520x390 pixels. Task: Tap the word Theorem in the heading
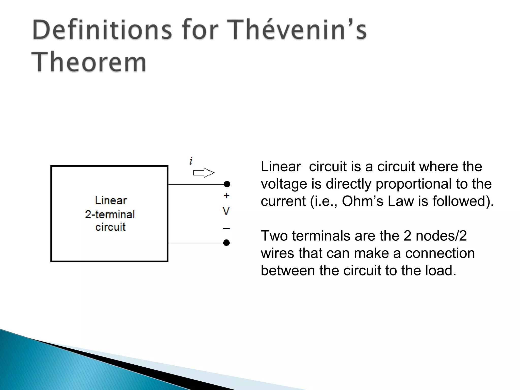tap(89, 62)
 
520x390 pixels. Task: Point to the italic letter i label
tap(191, 161)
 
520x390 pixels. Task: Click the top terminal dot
tap(227, 184)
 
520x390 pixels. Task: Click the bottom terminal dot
tap(226, 243)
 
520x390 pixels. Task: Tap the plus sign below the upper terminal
tap(226, 196)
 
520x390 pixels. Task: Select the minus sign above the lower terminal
tap(226, 229)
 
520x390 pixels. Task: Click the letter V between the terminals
tap(226, 211)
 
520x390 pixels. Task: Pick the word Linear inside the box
tap(111, 201)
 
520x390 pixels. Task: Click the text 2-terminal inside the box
tap(110, 215)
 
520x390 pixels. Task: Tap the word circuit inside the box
tap(110, 227)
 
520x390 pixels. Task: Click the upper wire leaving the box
tap(196, 184)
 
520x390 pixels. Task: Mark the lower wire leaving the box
tap(196, 243)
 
